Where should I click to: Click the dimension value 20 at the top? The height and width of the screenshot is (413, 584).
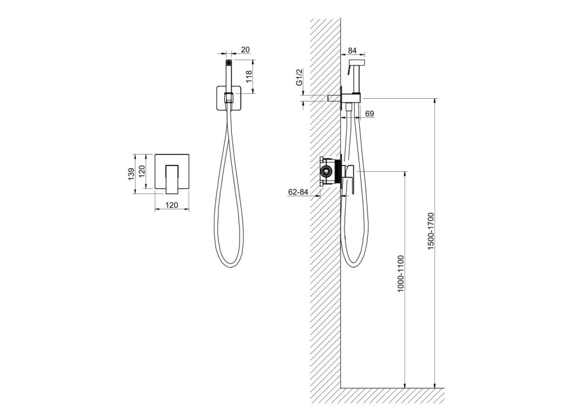click(245, 50)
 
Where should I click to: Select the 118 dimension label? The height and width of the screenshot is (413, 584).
click(249, 77)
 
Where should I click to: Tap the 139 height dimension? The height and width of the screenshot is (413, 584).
click(131, 174)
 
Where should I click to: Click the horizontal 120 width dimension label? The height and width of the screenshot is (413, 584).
click(172, 205)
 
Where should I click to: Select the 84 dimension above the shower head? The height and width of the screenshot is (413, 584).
click(352, 50)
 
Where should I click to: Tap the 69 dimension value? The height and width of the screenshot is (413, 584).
click(370, 113)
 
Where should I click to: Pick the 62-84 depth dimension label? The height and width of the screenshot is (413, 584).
click(298, 192)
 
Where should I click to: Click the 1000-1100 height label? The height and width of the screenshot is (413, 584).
click(401, 274)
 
